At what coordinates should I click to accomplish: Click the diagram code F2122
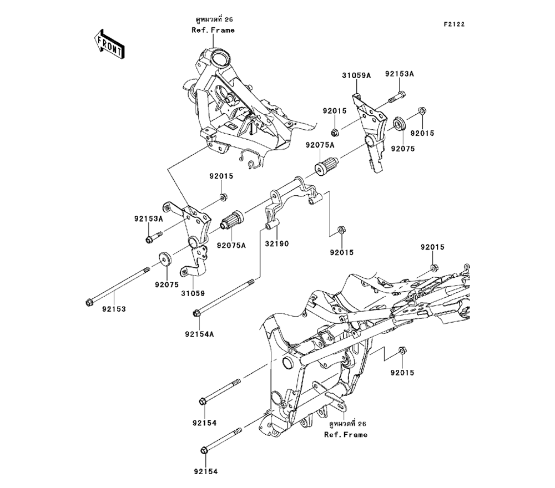point(453,24)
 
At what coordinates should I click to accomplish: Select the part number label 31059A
point(355,74)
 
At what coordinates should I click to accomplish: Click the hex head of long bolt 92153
point(89,302)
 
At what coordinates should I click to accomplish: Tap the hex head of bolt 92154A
point(198,314)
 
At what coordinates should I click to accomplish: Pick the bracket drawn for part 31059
point(191,238)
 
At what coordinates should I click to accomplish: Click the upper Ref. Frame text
point(213,30)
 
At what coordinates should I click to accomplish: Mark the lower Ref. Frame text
point(345,435)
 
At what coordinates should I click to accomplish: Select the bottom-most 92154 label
point(206,472)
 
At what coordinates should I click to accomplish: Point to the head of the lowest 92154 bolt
point(204,450)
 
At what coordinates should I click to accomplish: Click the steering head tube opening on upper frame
point(220,57)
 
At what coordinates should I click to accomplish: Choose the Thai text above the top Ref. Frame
point(213,19)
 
